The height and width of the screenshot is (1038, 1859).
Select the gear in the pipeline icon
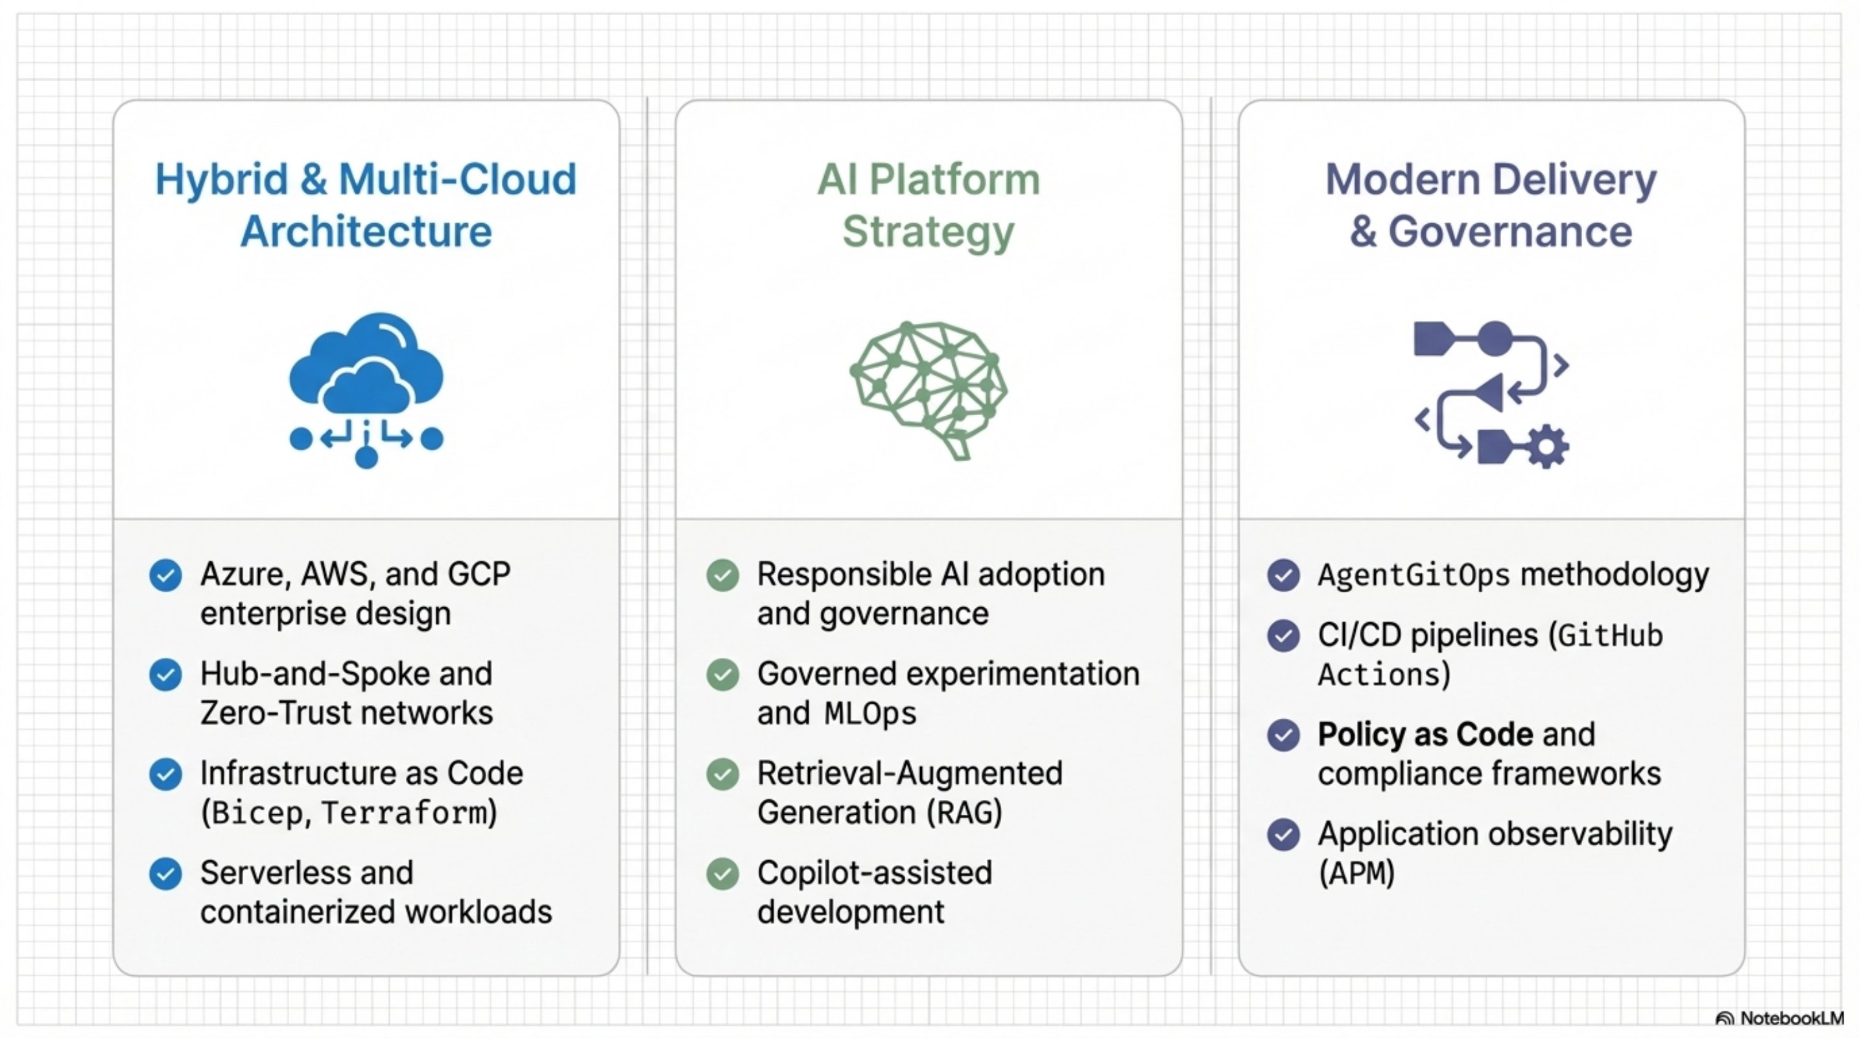(x=1546, y=447)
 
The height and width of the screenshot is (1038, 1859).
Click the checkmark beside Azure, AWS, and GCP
(x=165, y=575)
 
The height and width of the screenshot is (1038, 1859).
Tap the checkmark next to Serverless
(x=165, y=873)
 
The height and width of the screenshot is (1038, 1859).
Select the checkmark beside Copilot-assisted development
(x=722, y=873)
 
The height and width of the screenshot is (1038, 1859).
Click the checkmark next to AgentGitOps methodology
(x=1283, y=575)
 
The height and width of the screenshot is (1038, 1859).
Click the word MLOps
(x=870, y=714)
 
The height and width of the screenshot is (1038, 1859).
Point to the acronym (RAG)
(x=964, y=813)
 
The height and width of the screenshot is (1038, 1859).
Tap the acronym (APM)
(x=1356, y=873)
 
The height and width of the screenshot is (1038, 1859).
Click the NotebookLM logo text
(x=1790, y=1018)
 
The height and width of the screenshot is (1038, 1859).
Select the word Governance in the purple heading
(x=1510, y=232)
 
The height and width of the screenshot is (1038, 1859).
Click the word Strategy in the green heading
(x=928, y=232)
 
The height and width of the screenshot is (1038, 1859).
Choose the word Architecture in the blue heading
(x=366, y=232)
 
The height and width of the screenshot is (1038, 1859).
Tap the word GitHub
(x=1609, y=636)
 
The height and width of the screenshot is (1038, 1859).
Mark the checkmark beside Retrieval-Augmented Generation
(x=722, y=774)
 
